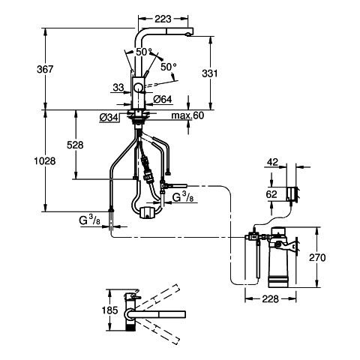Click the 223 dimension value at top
(163, 19)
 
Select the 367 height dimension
(45, 69)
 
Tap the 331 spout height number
(210, 73)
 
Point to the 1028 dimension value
(45, 161)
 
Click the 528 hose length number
(75, 145)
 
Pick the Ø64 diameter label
(163, 100)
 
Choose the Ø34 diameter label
(109, 117)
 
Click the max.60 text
(187, 115)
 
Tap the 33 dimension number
(118, 88)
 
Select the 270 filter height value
(317, 257)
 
